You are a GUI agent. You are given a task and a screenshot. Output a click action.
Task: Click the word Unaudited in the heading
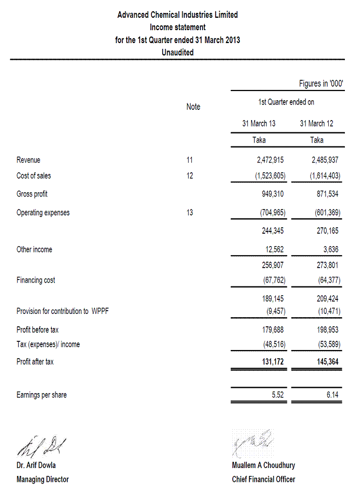click(177, 52)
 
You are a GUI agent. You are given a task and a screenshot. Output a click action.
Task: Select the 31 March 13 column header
click(259, 123)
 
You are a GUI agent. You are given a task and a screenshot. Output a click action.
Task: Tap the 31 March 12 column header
click(316, 123)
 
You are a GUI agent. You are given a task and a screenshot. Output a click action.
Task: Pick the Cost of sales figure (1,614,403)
click(325, 176)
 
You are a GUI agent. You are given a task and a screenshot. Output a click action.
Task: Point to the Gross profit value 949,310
click(272, 194)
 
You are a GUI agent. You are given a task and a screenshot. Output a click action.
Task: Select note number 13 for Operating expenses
click(190, 213)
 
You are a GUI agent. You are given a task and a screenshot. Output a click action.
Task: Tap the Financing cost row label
click(36, 280)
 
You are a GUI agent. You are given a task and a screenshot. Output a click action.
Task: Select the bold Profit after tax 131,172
click(272, 362)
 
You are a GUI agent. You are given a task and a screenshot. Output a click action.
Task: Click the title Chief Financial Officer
click(264, 479)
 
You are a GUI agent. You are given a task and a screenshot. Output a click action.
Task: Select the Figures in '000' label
click(321, 84)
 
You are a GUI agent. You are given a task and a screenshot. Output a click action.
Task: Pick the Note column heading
click(193, 107)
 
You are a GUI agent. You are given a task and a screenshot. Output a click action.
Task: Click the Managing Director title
click(43, 479)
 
